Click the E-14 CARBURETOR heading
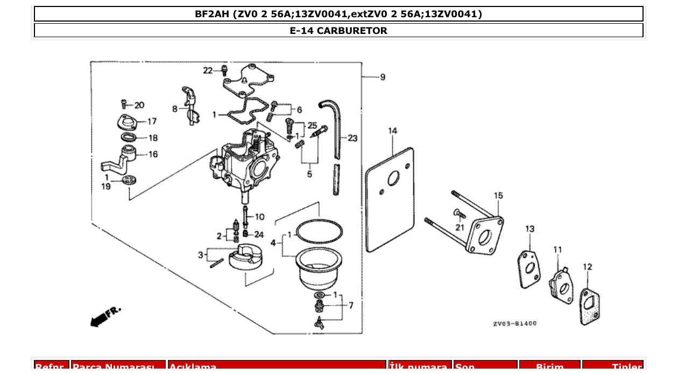(x=338, y=31)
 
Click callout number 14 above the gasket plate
(x=393, y=131)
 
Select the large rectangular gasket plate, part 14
(x=391, y=199)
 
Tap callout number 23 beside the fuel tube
(x=352, y=138)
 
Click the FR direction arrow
(x=105, y=316)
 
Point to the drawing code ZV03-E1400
(x=514, y=324)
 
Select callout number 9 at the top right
(x=382, y=77)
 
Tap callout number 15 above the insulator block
(x=498, y=195)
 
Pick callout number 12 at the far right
(x=587, y=266)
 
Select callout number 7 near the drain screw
(x=351, y=306)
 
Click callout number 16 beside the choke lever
(x=153, y=154)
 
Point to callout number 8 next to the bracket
(x=174, y=109)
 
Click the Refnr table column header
(x=52, y=367)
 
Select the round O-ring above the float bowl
(x=319, y=232)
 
